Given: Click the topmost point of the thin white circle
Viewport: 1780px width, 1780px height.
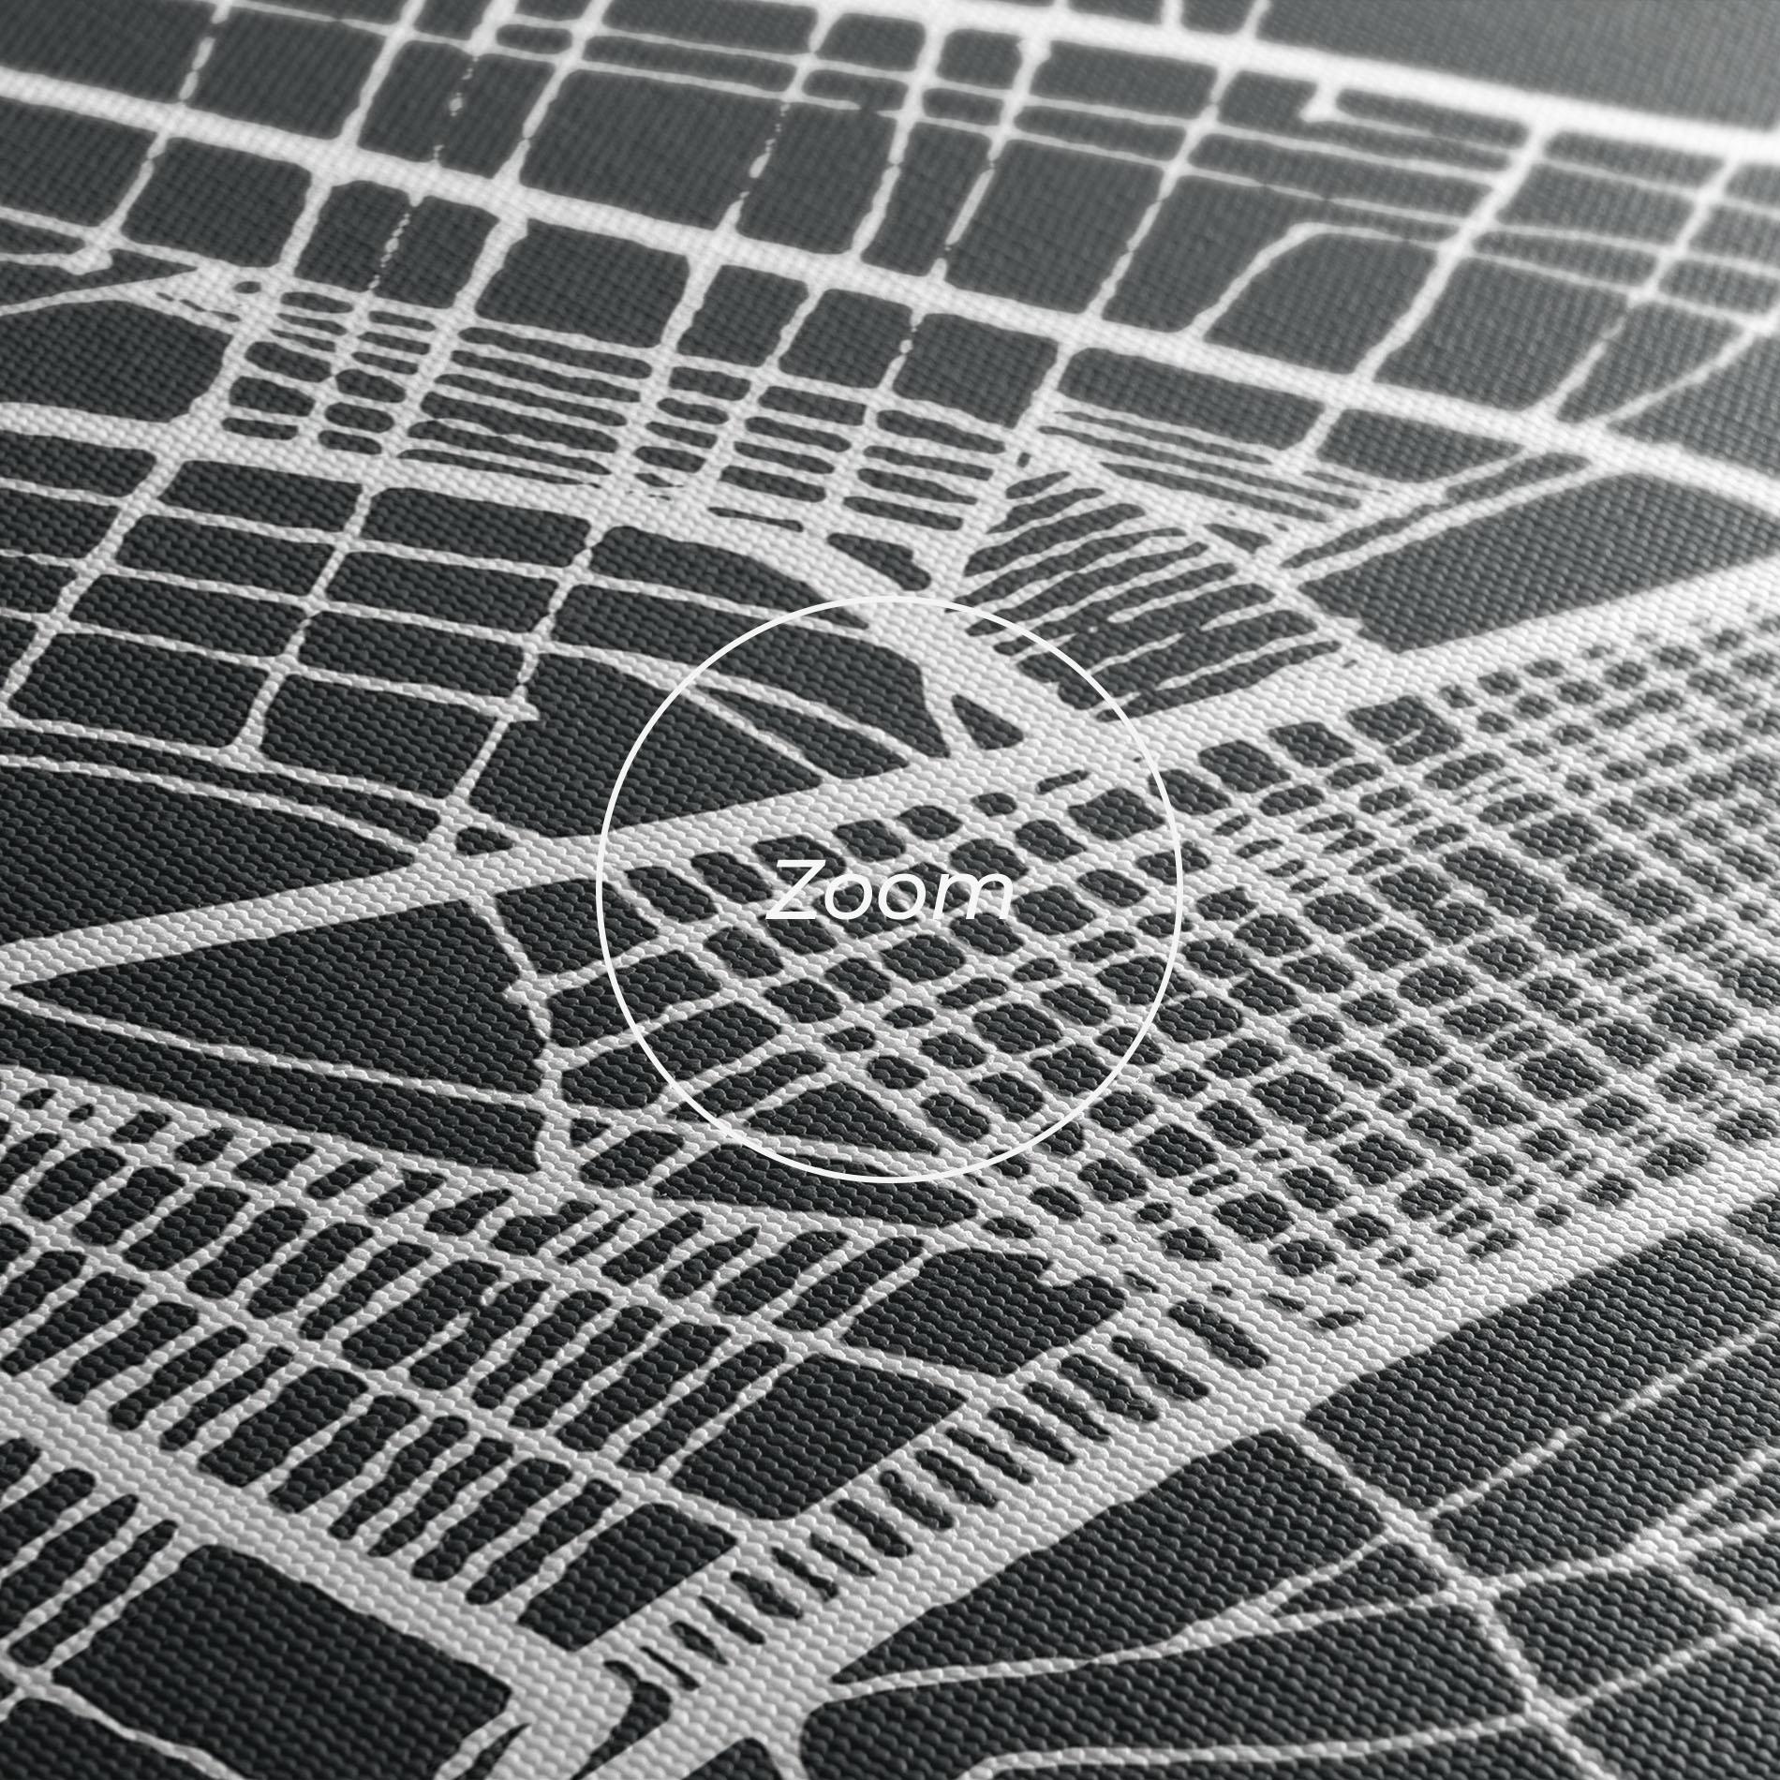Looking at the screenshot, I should click(x=889, y=597).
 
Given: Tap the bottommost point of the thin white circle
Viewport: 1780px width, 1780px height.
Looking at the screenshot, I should click(x=889, y=1181).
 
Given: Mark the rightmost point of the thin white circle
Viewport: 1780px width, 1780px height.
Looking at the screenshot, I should click(x=1181, y=889).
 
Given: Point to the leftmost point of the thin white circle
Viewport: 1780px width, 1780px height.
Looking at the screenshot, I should click(x=597, y=889).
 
